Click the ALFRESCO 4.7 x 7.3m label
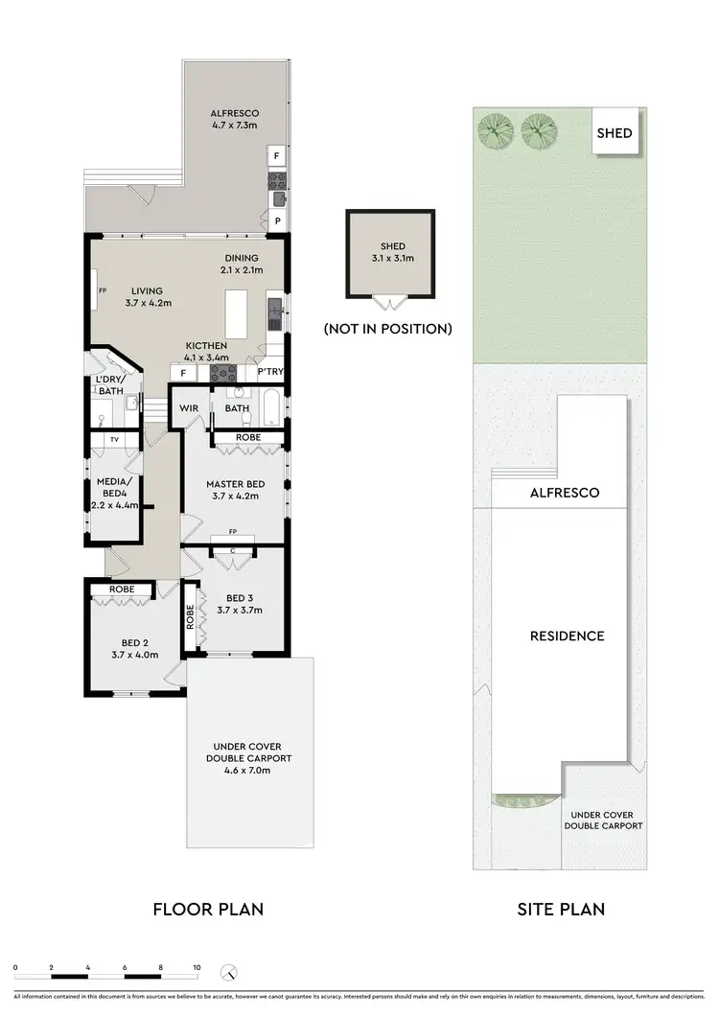click(x=235, y=119)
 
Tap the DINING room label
click(x=242, y=265)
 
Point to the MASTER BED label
click(x=235, y=490)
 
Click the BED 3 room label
click(x=239, y=603)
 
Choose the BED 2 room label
click(x=134, y=648)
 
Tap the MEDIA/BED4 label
click(x=115, y=493)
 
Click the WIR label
click(x=189, y=408)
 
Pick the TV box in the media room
click(x=115, y=439)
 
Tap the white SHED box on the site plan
click(x=615, y=132)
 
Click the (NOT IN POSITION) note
click(x=388, y=329)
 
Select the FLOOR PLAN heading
click(x=208, y=909)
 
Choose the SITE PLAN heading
click(x=560, y=909)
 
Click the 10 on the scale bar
click(x=197, y=969)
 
